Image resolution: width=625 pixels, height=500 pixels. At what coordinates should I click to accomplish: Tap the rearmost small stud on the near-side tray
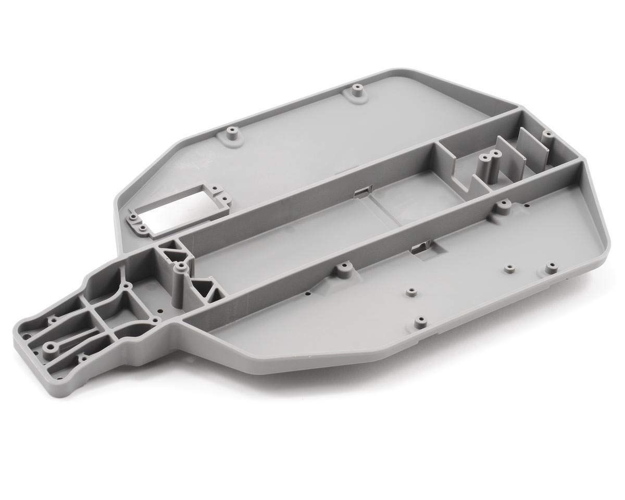[x=550, y=268]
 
